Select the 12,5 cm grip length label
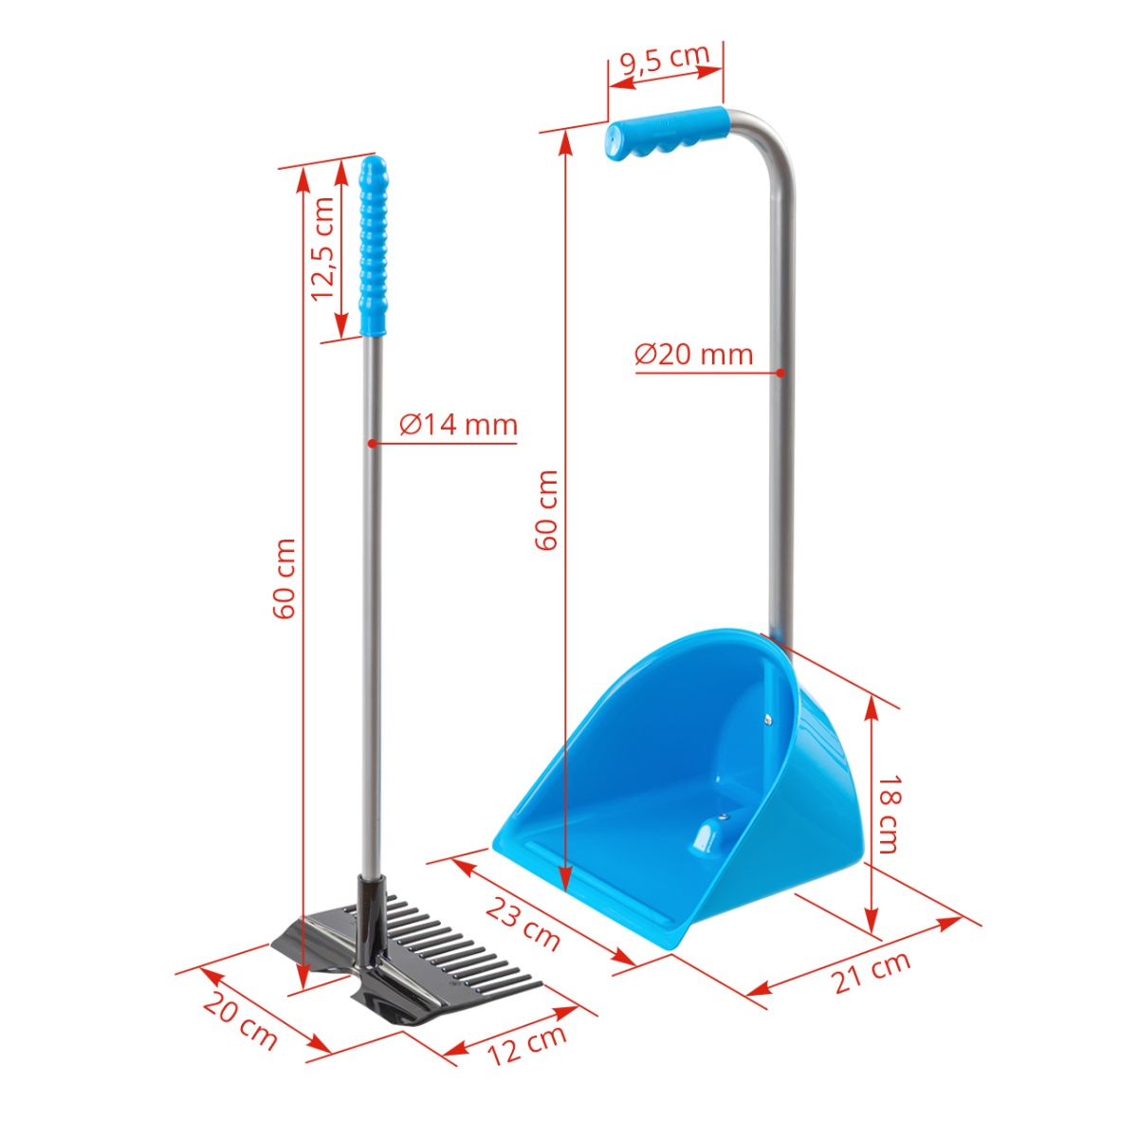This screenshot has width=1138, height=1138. coord(324,248)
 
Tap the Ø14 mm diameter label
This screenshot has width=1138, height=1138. coord(458,424)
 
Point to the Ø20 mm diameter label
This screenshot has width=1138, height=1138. coord(694,354)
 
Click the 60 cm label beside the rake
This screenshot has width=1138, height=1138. coord(284,578)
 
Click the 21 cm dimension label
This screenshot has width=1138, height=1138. coord(872,971)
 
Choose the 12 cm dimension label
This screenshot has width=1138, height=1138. coord(527,1043)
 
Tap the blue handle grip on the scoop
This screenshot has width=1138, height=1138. coord(668,135)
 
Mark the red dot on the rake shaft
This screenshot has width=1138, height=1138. coord(371,443)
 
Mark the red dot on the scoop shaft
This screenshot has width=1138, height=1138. coord(780,373)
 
